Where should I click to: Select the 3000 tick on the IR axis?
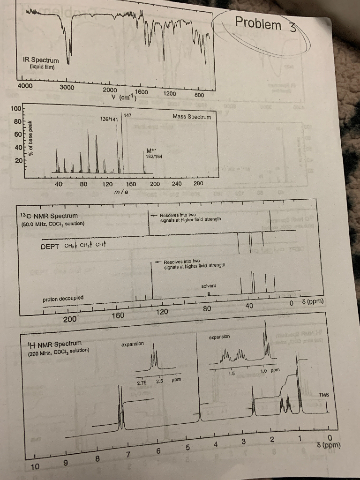67,87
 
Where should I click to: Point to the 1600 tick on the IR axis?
142,92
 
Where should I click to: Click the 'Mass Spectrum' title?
191,117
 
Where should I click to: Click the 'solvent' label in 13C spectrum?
208,286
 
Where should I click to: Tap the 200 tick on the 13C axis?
70,319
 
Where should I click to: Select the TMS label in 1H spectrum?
323,395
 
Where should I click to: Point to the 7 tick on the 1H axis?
127,454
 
